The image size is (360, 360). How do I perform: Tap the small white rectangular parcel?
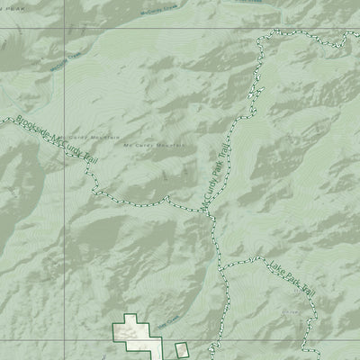click(x=181, y=350)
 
